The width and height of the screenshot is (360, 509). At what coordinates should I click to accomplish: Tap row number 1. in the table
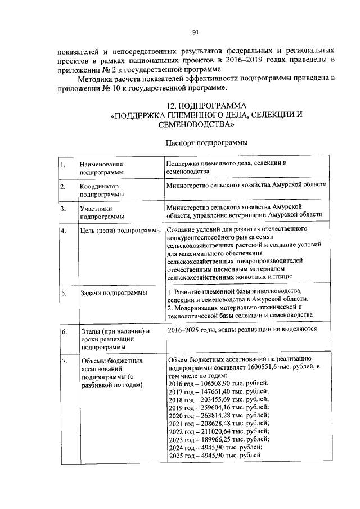(64, 165)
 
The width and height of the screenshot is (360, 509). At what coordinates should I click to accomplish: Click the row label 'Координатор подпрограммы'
(102, 190)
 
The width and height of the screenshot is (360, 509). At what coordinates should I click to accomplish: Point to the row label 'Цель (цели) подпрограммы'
(120, 231)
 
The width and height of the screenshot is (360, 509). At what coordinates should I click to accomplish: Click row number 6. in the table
(64, 331)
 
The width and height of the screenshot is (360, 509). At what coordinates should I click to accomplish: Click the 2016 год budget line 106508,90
(218, 384)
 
